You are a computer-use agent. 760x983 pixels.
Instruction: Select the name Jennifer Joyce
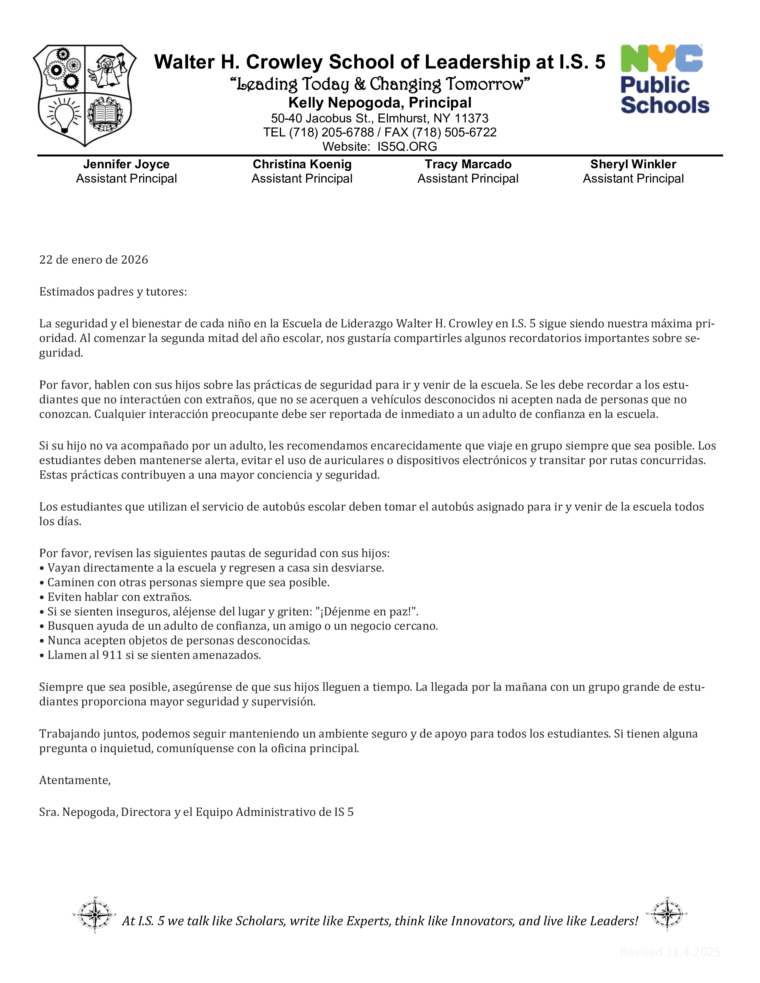[126, 164]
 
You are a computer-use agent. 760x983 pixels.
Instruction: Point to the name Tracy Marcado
[468, 164]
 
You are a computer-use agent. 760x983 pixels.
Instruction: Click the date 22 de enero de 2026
[94, 260]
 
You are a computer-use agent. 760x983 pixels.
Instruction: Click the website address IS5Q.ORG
[407, 147]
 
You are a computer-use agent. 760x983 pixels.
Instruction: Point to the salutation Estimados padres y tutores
[113, 292]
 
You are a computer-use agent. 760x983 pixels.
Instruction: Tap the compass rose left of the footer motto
[94, 914]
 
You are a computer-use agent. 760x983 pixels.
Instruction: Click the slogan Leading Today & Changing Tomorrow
[379, 84]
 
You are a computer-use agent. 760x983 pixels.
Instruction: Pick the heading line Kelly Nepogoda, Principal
[379, 103]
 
